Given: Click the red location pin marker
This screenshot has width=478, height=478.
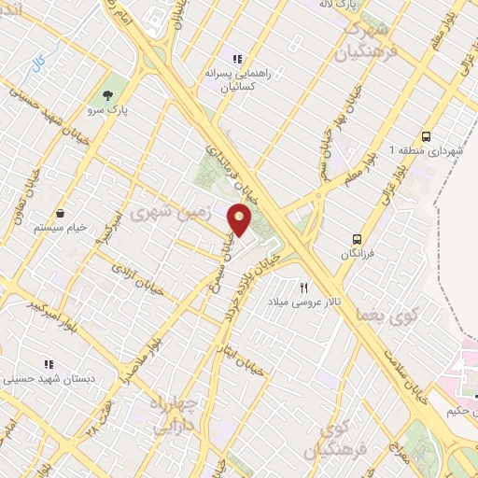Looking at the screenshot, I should tap(241, 218).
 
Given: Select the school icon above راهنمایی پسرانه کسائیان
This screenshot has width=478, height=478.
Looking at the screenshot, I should tap(238, 59).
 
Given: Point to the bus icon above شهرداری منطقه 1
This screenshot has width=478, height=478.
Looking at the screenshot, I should tap(427, 135).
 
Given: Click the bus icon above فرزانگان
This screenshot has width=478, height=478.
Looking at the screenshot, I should tap(356, 238).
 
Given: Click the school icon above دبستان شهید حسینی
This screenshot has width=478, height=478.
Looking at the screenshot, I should tap(48, 365).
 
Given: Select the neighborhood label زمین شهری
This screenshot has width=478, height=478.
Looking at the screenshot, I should tap(171, 212).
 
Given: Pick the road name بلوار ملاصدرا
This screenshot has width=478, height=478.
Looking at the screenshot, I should tap(137, 359).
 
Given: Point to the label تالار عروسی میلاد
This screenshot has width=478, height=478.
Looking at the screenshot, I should tap(297, 303).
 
